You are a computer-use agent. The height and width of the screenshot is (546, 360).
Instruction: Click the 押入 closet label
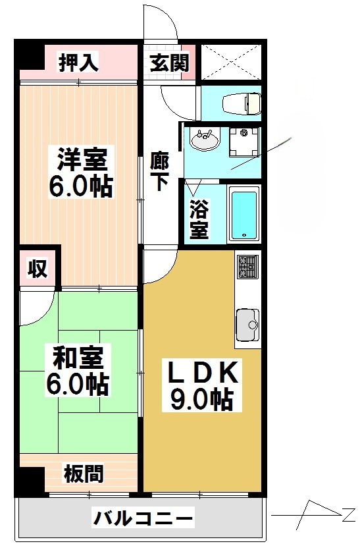click(78, 63)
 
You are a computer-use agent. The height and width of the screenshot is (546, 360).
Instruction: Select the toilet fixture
click(242, 103)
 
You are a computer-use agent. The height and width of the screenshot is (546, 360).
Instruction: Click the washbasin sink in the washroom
click(204, 140)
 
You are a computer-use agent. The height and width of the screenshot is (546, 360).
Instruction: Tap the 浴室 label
click(199, 221)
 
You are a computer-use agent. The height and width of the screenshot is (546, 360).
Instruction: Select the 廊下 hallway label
click(159, 171)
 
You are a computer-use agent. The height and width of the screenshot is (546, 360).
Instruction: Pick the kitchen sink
click(247, 323)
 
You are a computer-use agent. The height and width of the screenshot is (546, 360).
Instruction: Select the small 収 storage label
click(37, 269)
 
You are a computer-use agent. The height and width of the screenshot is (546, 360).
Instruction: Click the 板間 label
click(83, 473)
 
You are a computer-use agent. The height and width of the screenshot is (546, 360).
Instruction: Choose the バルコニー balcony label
click(143, 518)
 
